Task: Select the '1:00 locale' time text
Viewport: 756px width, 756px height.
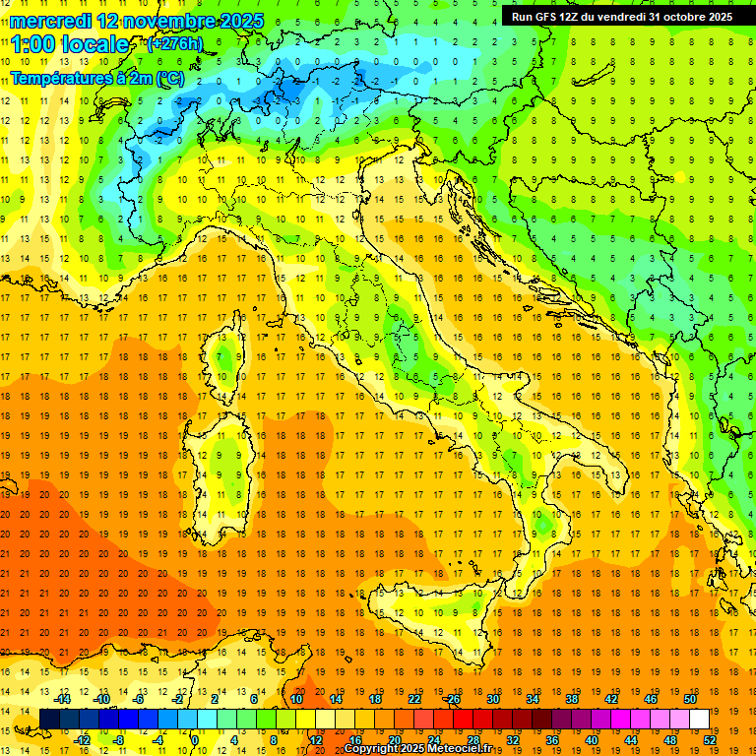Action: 70,45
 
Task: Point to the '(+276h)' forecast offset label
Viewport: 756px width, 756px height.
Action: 176,44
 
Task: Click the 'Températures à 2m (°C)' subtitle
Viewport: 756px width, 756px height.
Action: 96,77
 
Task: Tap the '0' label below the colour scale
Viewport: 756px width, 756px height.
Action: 195,739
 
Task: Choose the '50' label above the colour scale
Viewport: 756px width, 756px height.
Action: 689,699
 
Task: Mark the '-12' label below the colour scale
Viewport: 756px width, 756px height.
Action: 82,739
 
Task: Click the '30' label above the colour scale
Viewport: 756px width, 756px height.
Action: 492,699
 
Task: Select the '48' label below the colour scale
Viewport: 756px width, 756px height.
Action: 670,739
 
